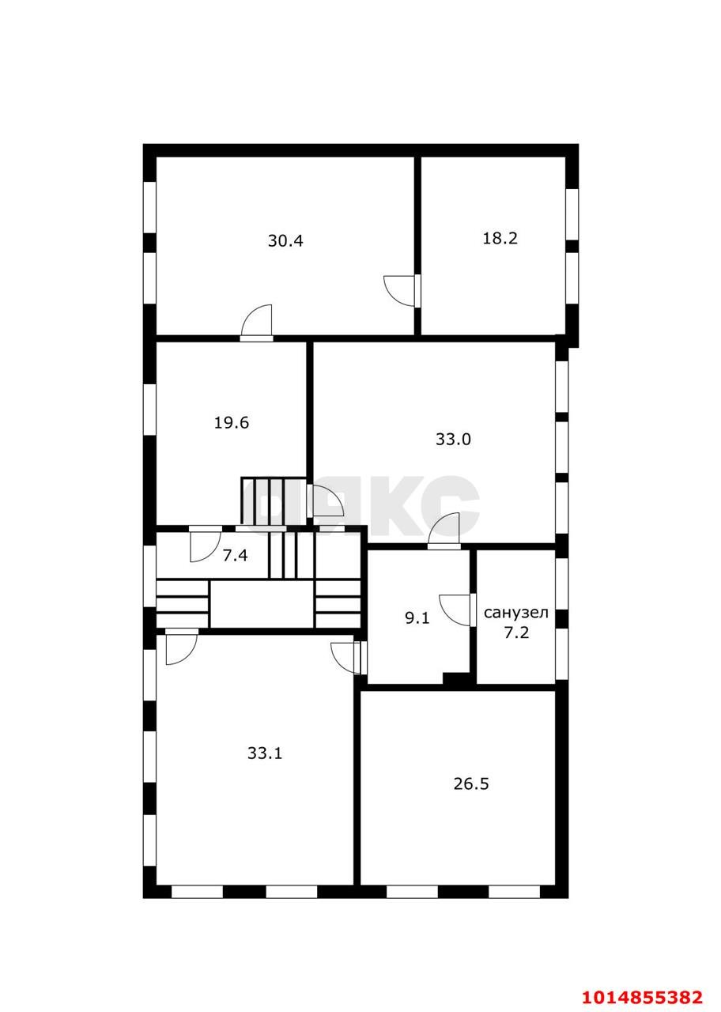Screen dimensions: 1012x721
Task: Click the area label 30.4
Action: coord(285,241)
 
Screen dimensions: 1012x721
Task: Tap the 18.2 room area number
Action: coord(500,238)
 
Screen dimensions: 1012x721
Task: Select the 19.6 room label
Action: coord(232,422)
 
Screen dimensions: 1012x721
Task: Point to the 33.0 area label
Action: coord(453,440)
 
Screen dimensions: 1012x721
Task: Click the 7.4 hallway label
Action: coord(235,556)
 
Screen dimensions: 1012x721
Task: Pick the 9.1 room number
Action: coord(417,618)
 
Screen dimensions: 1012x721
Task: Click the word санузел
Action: coord(515,613)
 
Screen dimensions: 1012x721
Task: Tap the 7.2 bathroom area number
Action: coord(516,632)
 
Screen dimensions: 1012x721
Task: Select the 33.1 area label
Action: coord(265,753)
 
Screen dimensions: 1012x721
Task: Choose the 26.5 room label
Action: coord(471,784)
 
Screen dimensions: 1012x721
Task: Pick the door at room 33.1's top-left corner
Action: coord(181,646)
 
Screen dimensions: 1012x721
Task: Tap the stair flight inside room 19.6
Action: coord(274,502)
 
